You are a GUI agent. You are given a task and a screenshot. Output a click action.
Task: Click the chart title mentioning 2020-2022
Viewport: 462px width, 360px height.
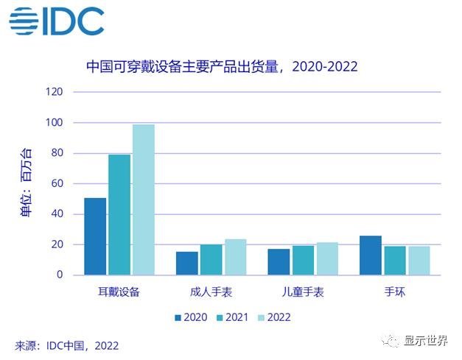[x=221, y=66]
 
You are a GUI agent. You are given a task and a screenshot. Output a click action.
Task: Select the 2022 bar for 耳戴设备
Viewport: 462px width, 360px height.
[x=143, y=200]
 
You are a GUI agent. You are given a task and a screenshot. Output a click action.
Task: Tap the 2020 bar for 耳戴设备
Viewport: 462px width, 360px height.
[x=95, y=236]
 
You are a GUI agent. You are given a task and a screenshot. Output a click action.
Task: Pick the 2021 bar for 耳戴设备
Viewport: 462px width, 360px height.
[x=119, y=214]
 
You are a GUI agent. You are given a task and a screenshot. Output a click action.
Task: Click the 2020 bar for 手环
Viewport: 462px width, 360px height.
[x=371, y=255]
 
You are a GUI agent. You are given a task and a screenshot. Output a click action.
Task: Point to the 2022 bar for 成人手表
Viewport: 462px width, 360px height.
[x=235, y=257]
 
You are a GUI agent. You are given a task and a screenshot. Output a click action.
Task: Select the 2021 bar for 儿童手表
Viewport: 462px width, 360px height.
[x=303, y=260]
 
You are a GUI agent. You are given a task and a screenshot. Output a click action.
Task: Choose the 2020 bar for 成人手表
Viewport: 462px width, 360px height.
[x=187, y=263]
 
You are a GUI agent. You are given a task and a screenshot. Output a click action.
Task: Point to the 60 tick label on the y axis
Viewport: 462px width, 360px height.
[x=57, y=183]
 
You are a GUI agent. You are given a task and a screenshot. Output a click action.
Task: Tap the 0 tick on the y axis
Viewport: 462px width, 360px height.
[x=60, y=275]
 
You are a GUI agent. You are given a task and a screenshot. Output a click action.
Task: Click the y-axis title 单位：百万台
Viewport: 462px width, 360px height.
[x=26, y=183]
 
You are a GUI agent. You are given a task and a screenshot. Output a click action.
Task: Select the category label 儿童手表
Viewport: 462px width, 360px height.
[x=303, y=292]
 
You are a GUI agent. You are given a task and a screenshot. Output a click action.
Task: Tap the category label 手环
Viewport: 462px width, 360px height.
[x=394, y=292]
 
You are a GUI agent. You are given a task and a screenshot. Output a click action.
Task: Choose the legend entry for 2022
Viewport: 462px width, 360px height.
[x=273, y=317]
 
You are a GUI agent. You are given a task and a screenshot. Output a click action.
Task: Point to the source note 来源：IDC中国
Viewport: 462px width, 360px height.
[x=66, y=345]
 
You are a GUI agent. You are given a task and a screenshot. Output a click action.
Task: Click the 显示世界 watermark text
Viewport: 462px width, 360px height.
[x=429, y=341]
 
